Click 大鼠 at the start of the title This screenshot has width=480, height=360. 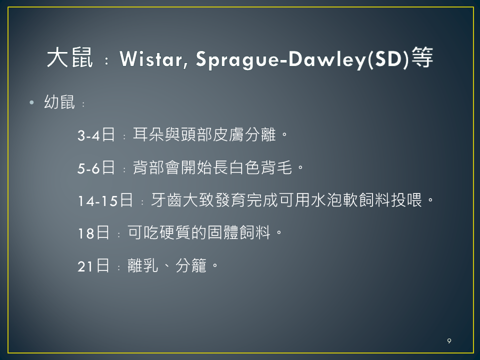69,57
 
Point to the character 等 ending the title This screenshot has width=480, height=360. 422,57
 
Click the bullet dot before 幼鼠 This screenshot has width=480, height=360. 31,102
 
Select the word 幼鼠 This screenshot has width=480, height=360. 59,102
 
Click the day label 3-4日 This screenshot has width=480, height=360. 96,134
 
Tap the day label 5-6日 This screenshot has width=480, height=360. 96,168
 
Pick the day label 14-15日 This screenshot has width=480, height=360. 105,200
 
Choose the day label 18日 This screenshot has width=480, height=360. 93,233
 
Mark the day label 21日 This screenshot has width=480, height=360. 93,265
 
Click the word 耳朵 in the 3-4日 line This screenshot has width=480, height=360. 148,134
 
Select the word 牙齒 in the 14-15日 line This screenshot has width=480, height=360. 167,200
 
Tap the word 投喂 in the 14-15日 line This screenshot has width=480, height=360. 407,200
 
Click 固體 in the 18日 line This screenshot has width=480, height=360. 223,232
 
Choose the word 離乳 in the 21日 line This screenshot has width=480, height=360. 143,265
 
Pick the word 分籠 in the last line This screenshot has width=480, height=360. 191,265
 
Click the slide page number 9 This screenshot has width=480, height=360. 449,341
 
